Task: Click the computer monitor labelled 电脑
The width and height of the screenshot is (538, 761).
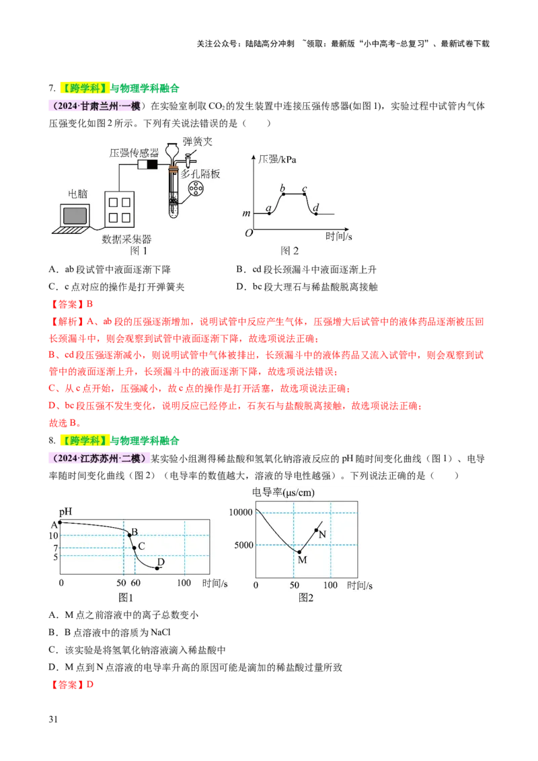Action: [75, 215]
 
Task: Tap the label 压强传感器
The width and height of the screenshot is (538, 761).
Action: [134, 153]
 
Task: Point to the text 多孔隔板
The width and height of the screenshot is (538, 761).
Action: [200, 173]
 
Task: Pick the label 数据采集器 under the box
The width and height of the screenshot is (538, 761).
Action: [126, 239]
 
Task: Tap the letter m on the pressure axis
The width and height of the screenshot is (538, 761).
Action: [246, 214]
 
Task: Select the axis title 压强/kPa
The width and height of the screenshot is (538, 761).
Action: [277, 159]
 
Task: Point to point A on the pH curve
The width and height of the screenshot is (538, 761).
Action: [61, 522]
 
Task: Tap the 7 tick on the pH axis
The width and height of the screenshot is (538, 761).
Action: [54, 549]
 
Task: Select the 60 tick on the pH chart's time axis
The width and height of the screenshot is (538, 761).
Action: [135, 584]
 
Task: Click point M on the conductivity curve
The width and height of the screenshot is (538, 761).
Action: [299, 552]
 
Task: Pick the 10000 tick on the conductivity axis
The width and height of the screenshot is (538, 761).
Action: [240, 512]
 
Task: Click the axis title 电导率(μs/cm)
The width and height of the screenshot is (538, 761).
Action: [283, 492]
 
